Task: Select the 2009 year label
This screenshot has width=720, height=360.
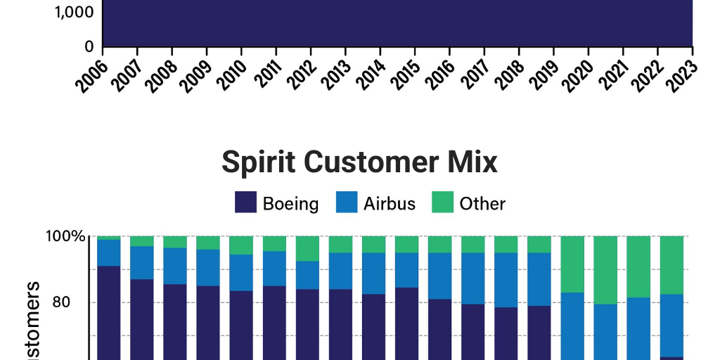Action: click(x=196, y=74)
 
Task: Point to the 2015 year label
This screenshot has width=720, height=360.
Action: click(x=404, y=74)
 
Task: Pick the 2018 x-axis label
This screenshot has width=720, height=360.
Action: click(x=508, y=74)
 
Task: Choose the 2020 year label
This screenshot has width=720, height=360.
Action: click(x=577, y=74)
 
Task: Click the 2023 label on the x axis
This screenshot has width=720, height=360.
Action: click(x=681, y=74)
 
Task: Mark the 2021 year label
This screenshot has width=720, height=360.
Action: click(x=612, y=74)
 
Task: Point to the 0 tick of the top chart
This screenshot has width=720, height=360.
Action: click(x=89, y=47)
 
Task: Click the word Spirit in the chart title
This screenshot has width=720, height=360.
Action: click(x=257, y=163)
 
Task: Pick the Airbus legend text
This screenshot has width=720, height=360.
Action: click(x=390, y=204)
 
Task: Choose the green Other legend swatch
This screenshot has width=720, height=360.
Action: click(x=442, y=203)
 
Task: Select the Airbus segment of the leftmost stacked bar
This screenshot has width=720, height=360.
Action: click(x=108, y=252)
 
